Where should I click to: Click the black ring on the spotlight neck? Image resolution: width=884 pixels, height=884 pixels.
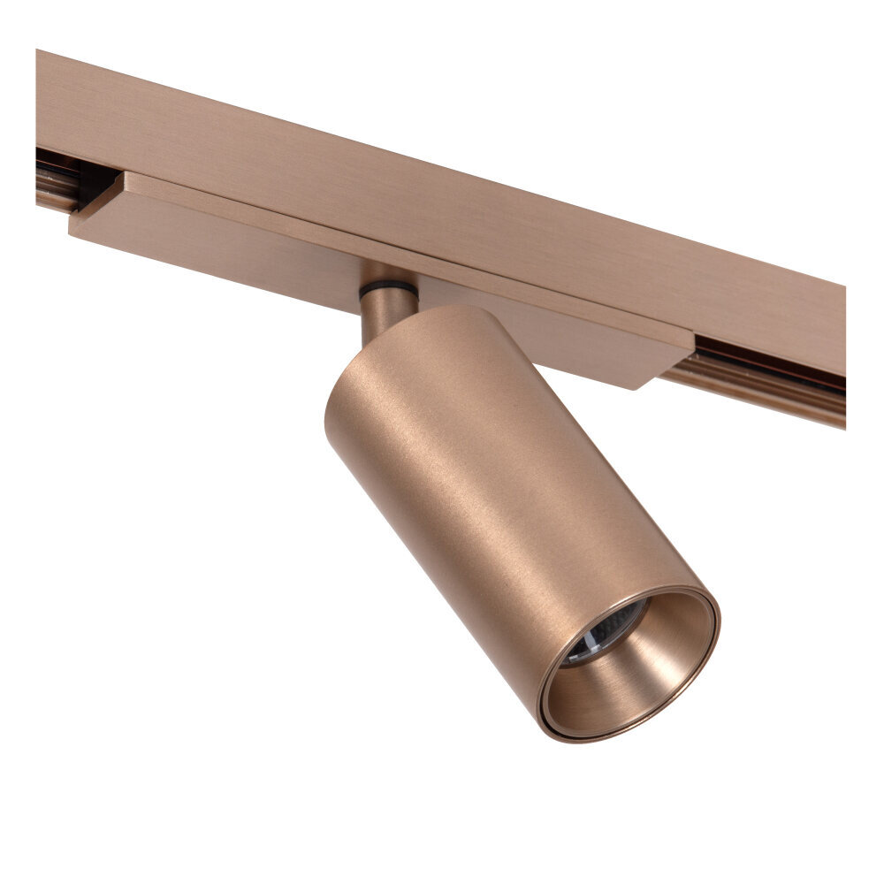388,289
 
